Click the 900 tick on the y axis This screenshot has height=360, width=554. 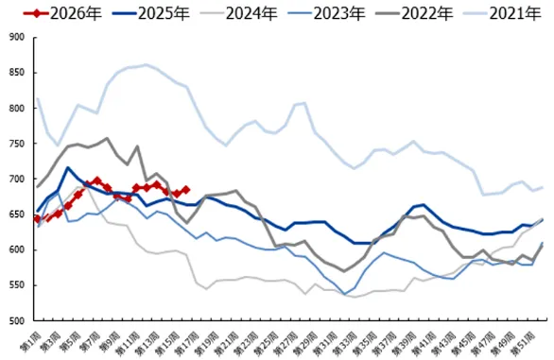point(16,38)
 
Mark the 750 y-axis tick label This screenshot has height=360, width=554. point(16,145)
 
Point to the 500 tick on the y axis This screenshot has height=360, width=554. point(16,321)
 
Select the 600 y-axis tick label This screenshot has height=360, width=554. point(16,250)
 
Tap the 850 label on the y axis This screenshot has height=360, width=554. point(16,73)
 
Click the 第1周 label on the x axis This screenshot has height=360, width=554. point(29,338)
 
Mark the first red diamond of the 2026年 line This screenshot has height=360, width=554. point(37,218)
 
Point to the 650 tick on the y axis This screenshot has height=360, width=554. point(16,215)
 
